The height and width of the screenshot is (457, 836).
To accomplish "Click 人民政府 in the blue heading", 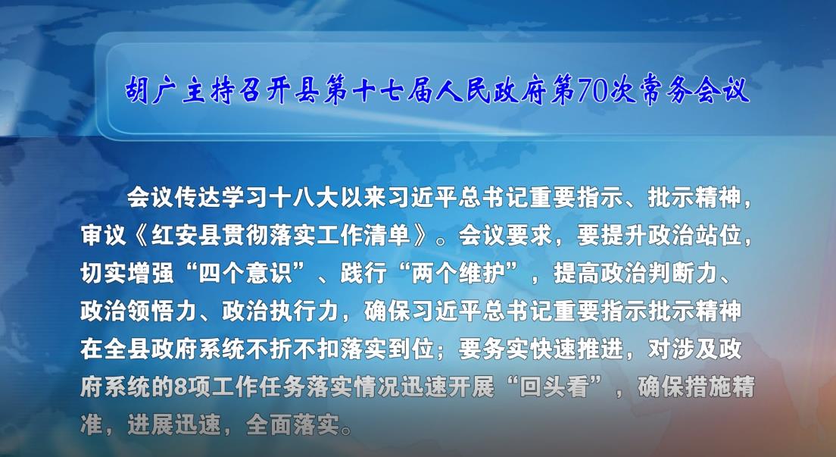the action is pos(491,90).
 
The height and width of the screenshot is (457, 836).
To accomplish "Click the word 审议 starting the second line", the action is pos(104,236).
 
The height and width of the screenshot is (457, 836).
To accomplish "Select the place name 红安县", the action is pos(186,236).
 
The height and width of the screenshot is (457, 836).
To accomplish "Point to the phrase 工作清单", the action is pos(363,236).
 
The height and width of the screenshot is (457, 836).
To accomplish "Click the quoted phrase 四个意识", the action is pos(245,274).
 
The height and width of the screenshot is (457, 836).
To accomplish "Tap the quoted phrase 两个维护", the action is pos(458,274).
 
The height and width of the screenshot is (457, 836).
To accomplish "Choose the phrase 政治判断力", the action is pos(612,274).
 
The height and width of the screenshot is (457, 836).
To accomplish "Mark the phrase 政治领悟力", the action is pos(139,311).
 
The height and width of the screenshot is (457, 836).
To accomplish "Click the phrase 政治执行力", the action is pos(280,311).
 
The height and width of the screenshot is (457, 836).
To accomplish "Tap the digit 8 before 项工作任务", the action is pos(181,387).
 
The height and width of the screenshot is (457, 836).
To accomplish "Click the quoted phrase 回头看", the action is pos(554,387).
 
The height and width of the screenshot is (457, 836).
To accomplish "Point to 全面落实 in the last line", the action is pos(292,425).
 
